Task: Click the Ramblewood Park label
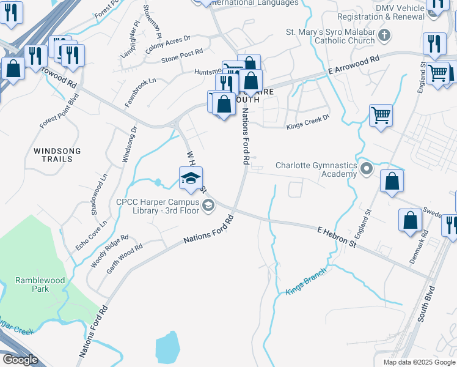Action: coord(40,284)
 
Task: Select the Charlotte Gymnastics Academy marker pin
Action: coord(367,168)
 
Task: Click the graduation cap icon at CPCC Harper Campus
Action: coord(191,178)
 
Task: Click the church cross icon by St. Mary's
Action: coord(383,34)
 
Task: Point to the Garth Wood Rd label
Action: coord(125,258)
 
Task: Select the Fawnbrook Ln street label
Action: coord(141,92)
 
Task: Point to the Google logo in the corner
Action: coord(20,360)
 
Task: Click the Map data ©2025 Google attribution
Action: coord(419,362)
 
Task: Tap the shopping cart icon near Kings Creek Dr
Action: coord(381,114)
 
